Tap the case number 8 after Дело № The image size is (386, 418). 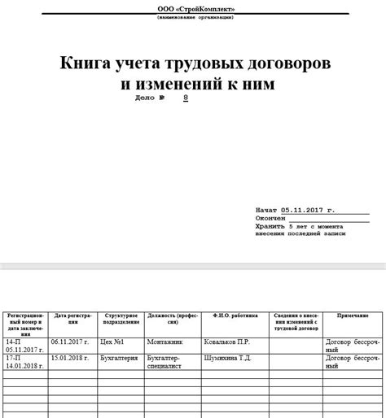coord(186,98)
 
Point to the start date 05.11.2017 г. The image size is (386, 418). coord(307,209)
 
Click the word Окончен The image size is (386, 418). coord(270,218)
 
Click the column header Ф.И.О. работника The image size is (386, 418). coord(235,314)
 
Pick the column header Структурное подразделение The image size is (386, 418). coord(121,317)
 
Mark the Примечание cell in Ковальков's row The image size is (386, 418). coord(351,346)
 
